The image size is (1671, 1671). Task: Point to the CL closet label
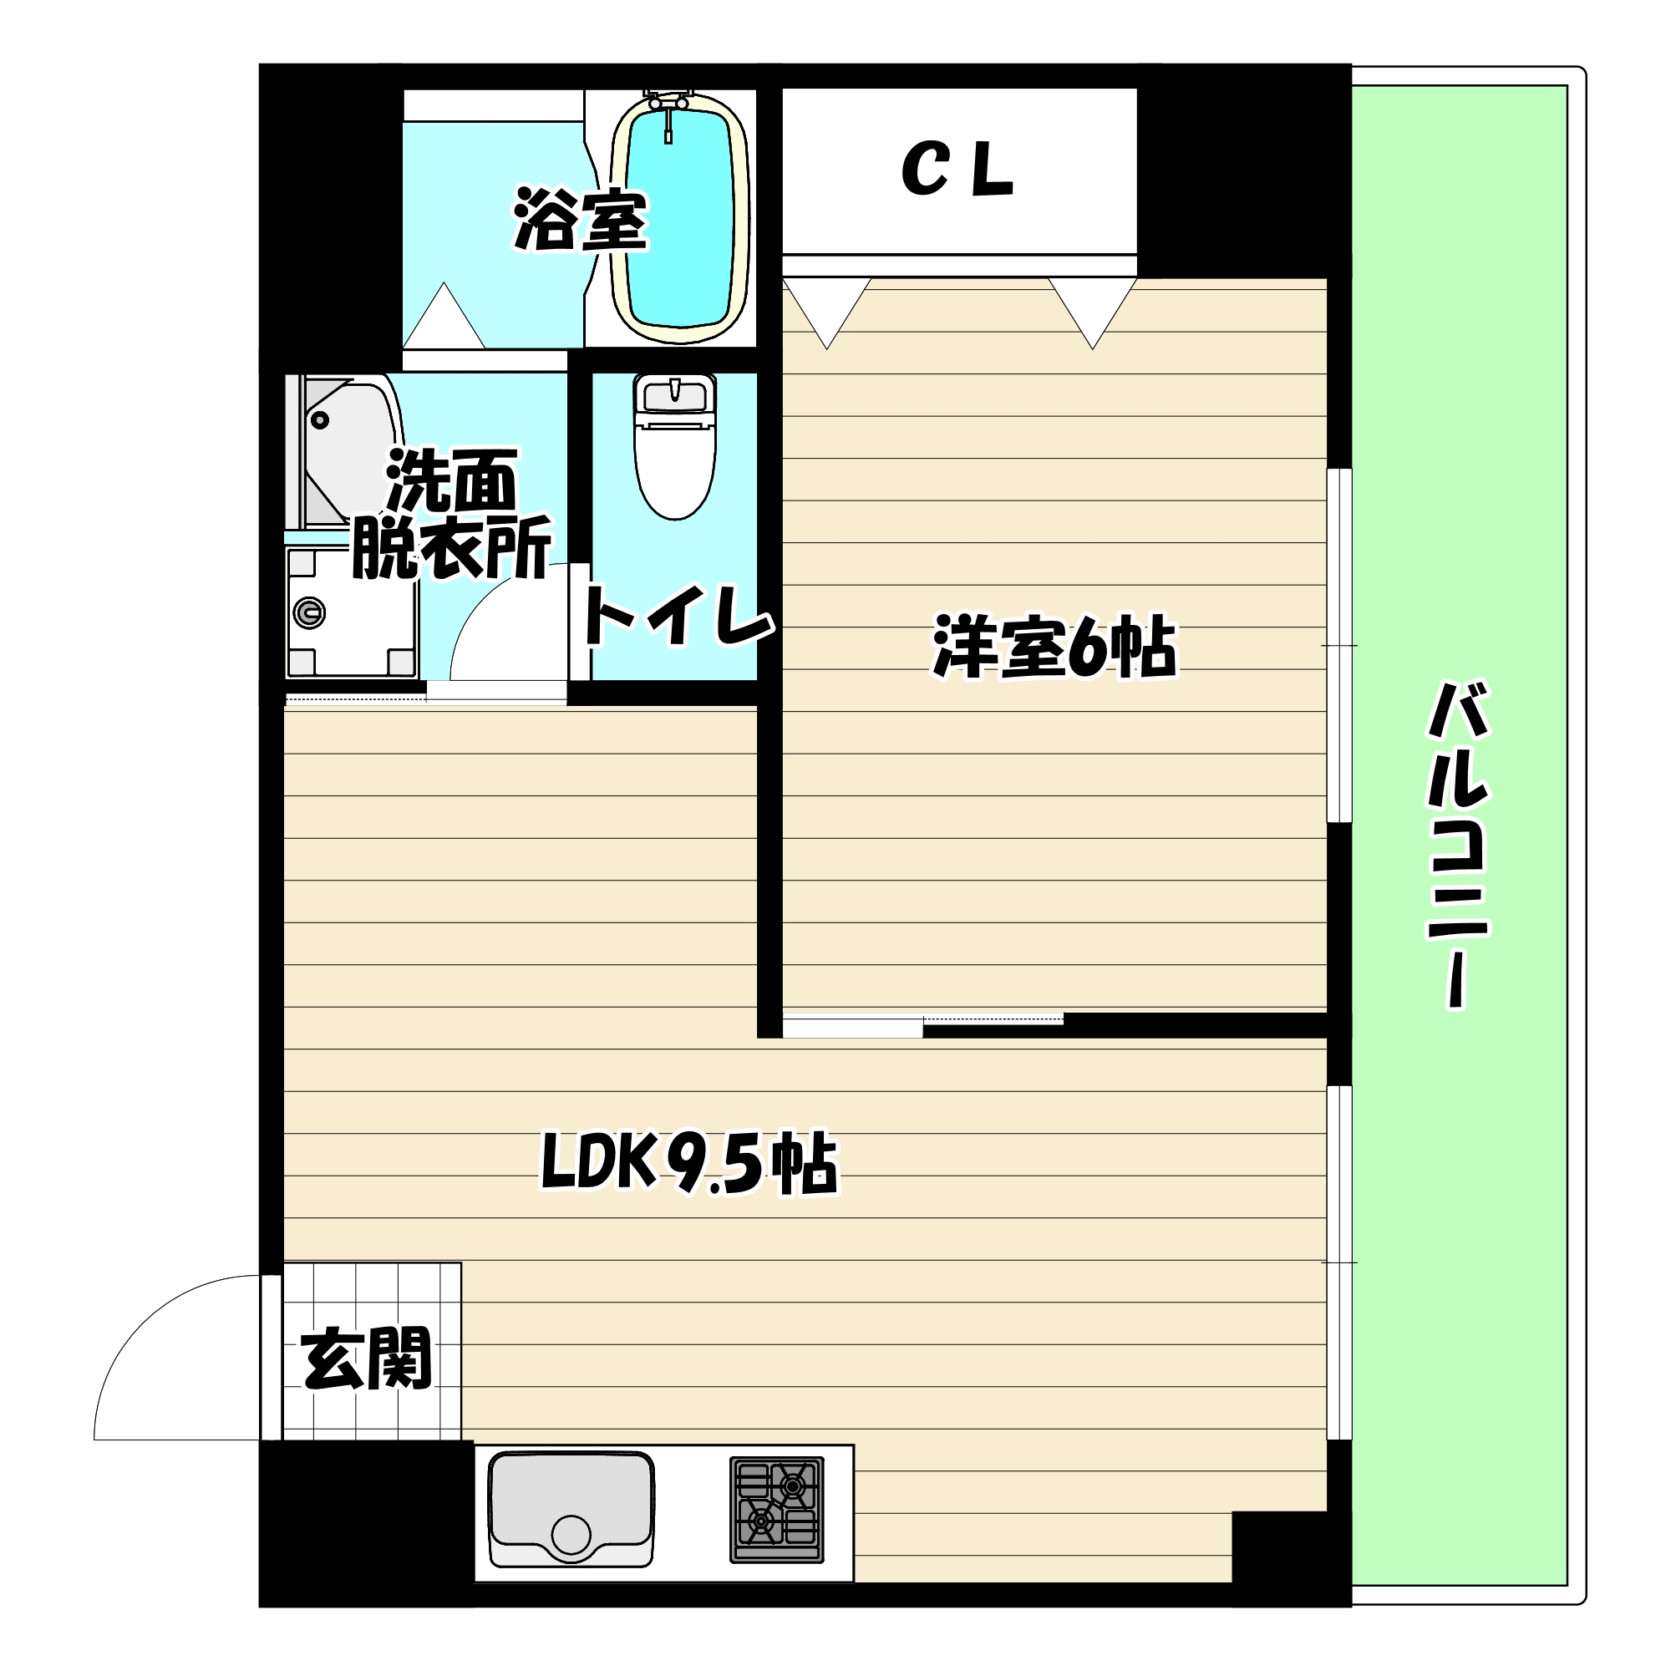pos(957,171)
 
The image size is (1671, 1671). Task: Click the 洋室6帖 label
pos(1054,648)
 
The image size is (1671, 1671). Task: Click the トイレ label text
pos(678,617)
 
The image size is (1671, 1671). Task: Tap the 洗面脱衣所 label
pos(450,516)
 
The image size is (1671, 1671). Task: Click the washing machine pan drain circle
pos(309,613)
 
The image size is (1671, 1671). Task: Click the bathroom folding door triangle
pos(444,318)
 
